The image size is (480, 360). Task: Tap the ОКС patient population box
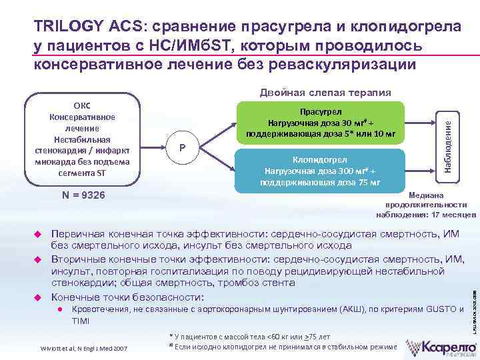pos(83,139)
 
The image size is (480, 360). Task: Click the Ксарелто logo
pos(441,346)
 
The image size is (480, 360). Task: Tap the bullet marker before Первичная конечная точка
pos(38,235)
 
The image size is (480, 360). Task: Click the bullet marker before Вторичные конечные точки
pos(38,259)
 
